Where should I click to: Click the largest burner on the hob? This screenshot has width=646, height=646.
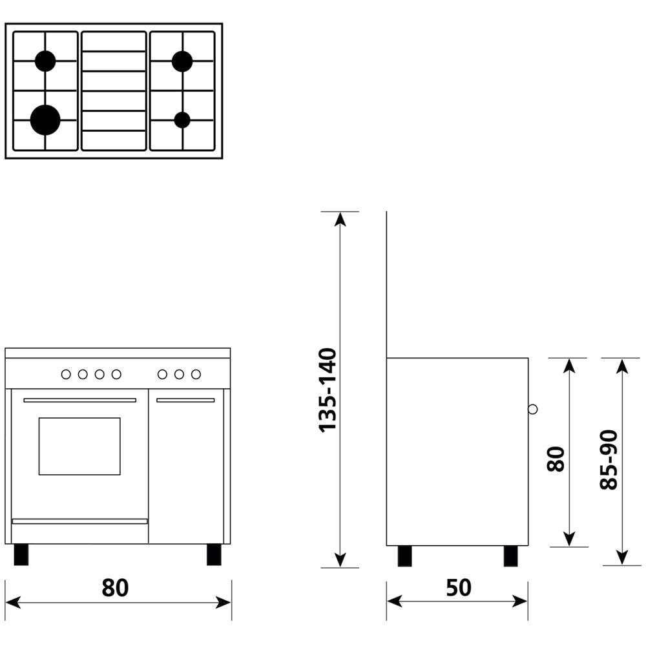[45, 120]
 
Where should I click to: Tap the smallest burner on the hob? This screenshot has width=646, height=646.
[182, 120]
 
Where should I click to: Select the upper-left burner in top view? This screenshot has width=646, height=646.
[45, 61]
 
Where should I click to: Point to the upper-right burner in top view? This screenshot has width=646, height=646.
[182, 61]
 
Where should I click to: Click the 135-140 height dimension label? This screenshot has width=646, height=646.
[328, 390]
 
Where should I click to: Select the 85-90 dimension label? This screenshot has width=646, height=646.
[609, 459]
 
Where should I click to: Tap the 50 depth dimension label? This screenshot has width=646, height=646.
[459, 587]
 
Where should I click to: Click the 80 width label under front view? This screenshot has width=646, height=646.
[116, 587]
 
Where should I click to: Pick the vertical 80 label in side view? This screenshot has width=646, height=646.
[556, 459]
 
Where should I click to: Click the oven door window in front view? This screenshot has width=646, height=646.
[79, 446]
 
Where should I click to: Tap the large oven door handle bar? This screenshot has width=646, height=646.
[79, 401]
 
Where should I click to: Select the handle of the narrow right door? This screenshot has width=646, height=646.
[185, 401]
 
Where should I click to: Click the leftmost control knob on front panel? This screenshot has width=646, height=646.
[66, 374]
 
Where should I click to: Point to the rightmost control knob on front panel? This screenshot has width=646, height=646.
[196, 374]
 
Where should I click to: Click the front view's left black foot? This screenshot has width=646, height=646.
[21, 554]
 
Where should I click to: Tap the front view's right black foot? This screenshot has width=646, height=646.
[214, 554]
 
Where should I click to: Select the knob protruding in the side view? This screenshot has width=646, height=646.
[532, 409]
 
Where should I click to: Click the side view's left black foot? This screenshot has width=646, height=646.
[405, 556]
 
